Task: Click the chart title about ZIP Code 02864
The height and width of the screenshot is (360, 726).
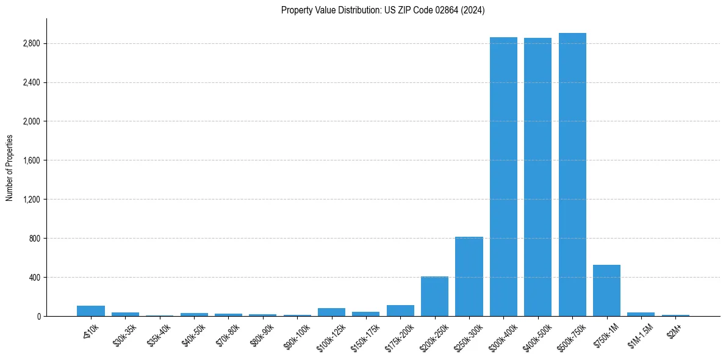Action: click(x=383, y=10)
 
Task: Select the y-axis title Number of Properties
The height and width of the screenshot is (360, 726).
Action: click(x=10, y=167)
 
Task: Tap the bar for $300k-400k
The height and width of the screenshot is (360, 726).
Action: click(x=503, y=177)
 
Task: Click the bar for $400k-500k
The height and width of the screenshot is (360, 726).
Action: click(x=537, y=177)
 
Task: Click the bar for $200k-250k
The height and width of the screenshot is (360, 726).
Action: click(x=434, y=297)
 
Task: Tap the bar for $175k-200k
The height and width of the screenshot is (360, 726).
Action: click(x=400, y=311)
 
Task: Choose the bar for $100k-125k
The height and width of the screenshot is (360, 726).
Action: click(x=331, y=312)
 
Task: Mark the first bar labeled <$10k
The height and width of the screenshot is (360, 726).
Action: click(x=91, y=311)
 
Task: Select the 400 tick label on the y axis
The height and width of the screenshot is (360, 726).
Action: click(x=35, y=278)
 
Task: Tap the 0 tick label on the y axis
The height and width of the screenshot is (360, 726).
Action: click(x=38, y=316)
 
